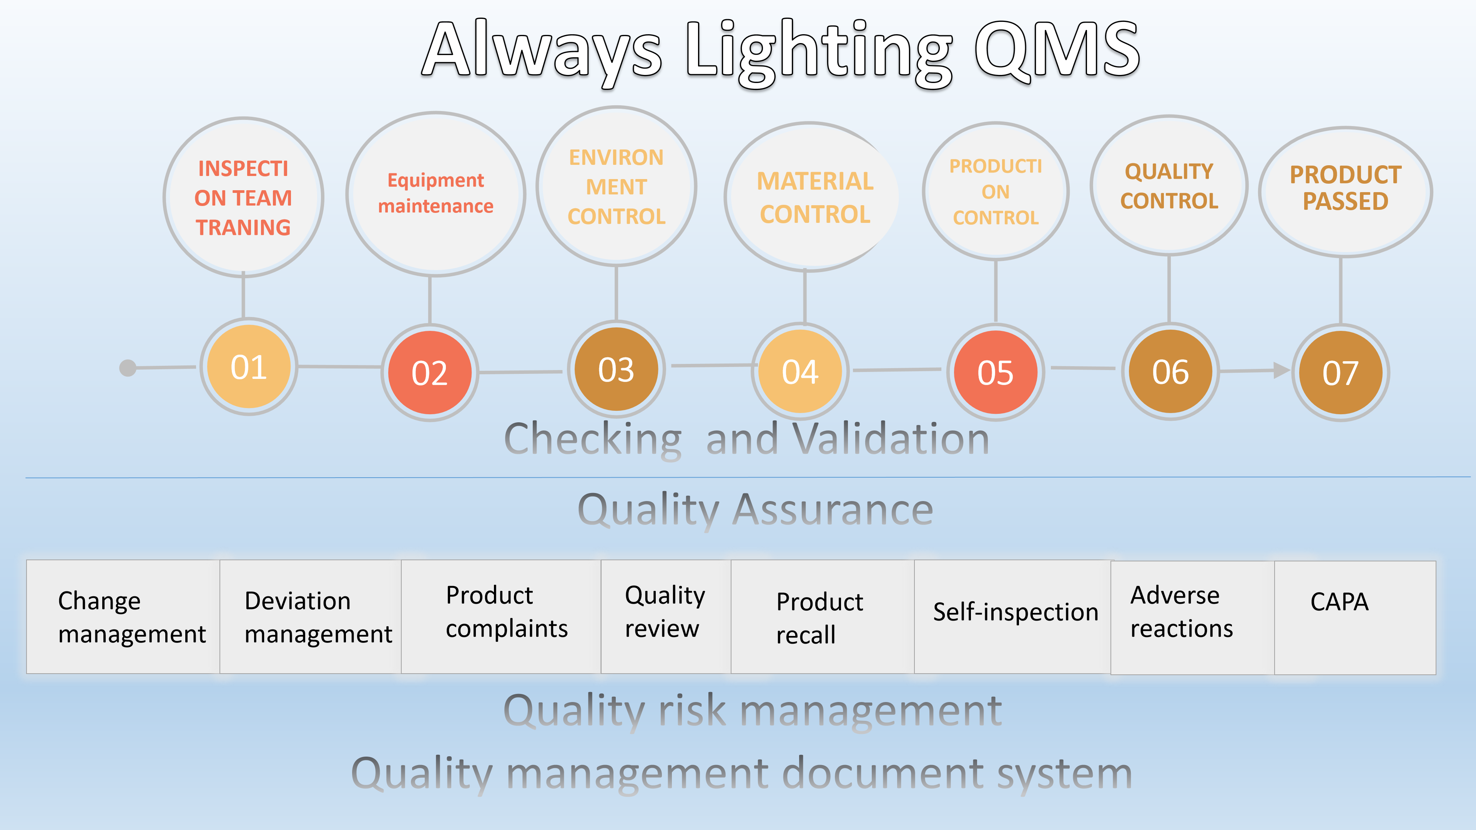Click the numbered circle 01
tap(249, 367)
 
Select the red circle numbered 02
tap(430, 372)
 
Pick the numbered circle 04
tap(800, 371)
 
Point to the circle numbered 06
tap(1170, 371)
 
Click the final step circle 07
tap(1341, 372)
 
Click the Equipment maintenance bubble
tap(436, 194)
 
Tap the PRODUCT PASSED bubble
tap(1345, 192)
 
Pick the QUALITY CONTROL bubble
tap(1169, 185)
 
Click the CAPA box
tap(1355, 618)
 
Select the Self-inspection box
tap(1012, 617)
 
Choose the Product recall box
tap(822, 617)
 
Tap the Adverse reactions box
tap(1192, 618)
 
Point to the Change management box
tap(123, 617)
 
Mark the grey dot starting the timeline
tap(128, 368)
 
